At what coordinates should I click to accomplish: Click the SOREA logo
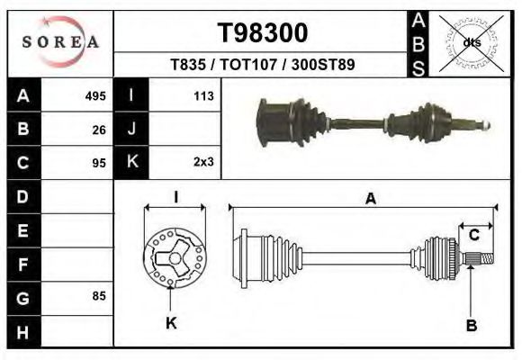tap(60, 42)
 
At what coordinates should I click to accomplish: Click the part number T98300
tap(263, 33)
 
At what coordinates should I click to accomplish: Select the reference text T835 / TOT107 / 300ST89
tap(262, 65)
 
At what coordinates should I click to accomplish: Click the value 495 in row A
tap(95, 95)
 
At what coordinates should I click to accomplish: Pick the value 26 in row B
tap(99, 129)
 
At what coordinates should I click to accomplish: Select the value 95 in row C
tap(99, 163)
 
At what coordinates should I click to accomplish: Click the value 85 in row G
tap(99, 295)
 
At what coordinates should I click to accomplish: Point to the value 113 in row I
tap(202, 95)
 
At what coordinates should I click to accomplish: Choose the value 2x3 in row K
tap(202, 163)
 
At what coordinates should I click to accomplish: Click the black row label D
tap(22, 195)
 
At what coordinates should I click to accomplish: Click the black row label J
tap(131, 129)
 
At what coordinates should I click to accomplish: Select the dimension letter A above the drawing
tap(370, 200)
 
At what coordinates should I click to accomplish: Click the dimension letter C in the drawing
tap(473, 235)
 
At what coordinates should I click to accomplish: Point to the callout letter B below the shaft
tap(471, 325)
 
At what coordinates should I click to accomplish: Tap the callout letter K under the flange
tap(171, 323)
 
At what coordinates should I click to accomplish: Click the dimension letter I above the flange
tap(175, 196)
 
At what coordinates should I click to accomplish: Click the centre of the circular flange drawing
tap(171, 258)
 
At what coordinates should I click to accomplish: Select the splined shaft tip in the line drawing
tap(482, 259)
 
